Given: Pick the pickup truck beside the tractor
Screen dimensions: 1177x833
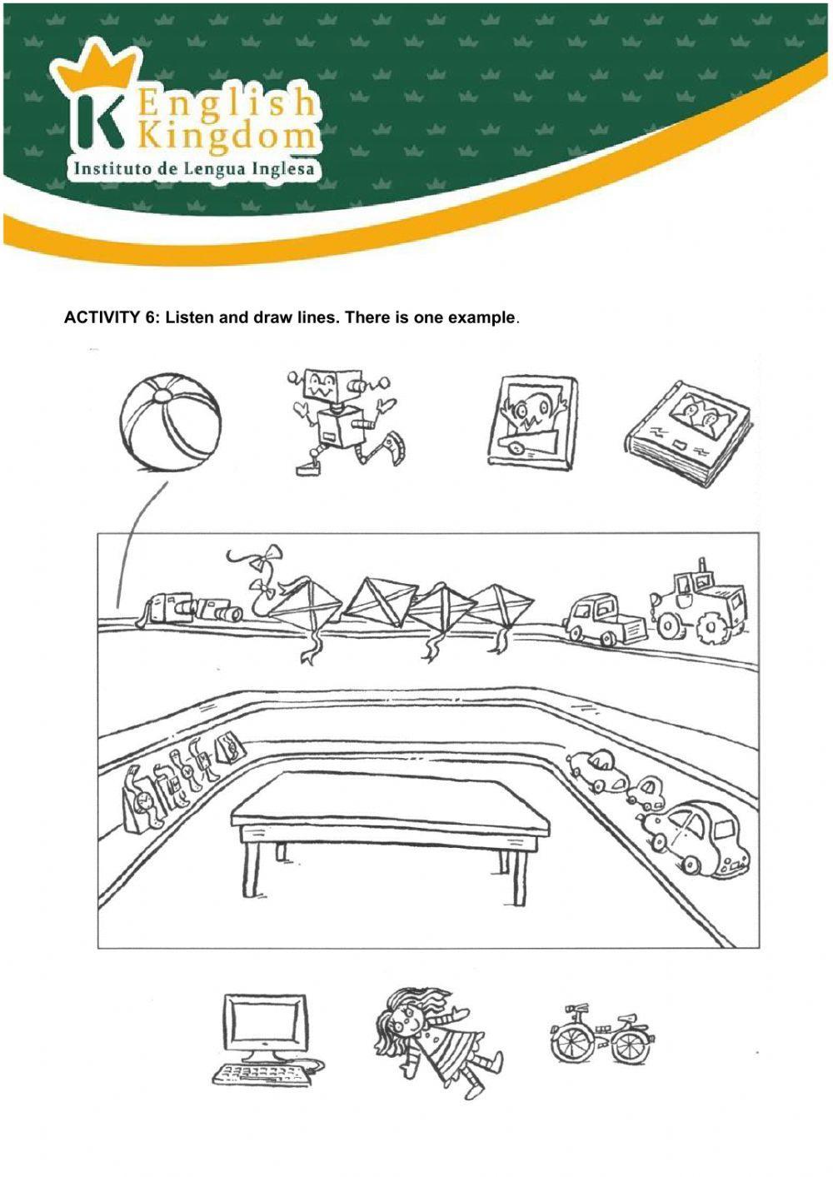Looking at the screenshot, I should tap(603, 621).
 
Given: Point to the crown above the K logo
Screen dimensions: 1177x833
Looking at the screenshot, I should tap(97, 70).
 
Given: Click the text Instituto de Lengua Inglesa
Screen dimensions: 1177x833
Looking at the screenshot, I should tap(195, 169).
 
